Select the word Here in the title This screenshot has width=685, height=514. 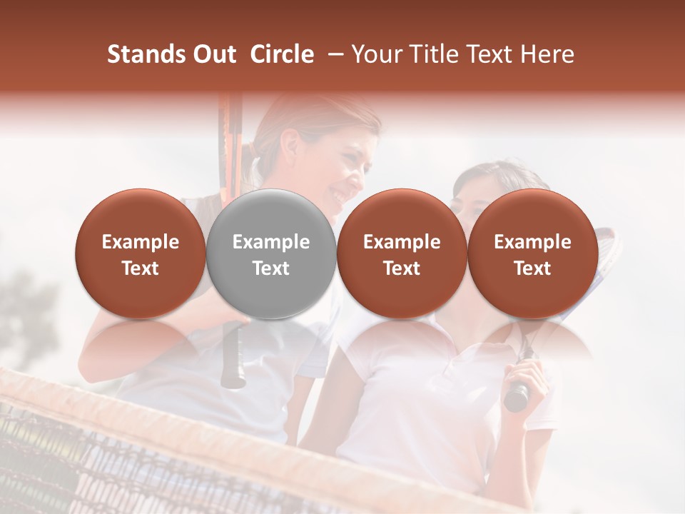(549, 54)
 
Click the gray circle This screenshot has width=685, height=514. (270, 254)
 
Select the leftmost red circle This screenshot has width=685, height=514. (140, 254)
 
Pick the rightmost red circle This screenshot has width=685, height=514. (532, 254)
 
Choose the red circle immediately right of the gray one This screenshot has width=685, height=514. (402, 254)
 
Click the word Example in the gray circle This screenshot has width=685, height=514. (271, 242)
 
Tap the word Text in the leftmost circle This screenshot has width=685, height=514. (140, 268)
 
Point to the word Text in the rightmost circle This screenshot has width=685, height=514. (532, 268)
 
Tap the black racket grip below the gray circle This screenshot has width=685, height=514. (233, 357)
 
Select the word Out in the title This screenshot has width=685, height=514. (213, 54)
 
